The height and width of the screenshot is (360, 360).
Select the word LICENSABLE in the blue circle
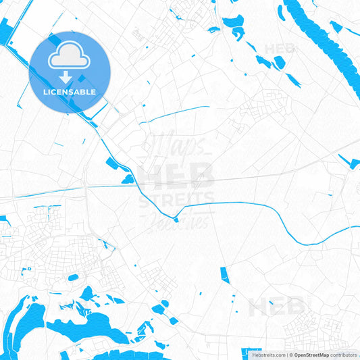(70, 92)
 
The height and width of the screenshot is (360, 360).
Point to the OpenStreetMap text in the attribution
(311, 355)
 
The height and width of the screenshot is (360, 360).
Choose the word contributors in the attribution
(344, 355)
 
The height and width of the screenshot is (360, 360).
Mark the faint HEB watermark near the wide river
(280, 49)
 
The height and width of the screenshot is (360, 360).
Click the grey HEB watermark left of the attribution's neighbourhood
(276, 307)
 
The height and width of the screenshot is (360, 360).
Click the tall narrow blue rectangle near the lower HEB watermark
(224, 275)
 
